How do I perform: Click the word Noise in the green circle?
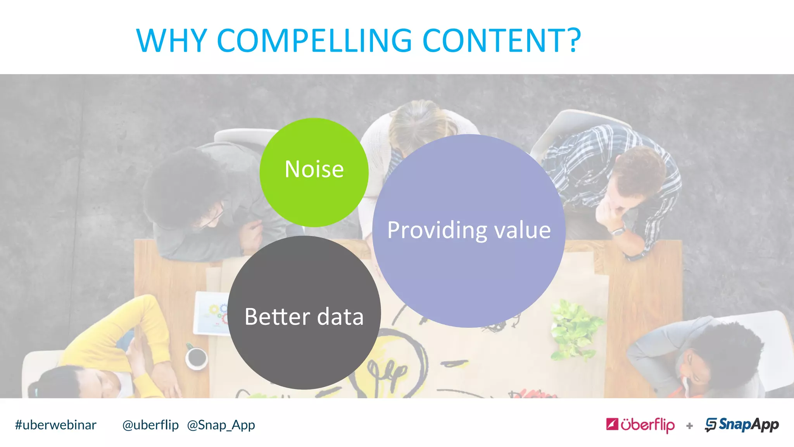tap(314, 169)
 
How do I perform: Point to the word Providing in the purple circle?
tap(437, 230)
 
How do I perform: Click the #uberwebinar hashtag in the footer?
tap(55, 425)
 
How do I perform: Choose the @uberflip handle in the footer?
tap(150, 425)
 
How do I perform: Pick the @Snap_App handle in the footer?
tap(221, 425)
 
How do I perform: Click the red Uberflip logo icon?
tap(612, 424)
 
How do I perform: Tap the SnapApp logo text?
tap(748, 424)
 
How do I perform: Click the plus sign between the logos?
tap(689, 426)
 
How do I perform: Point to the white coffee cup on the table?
tap(196, 357)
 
